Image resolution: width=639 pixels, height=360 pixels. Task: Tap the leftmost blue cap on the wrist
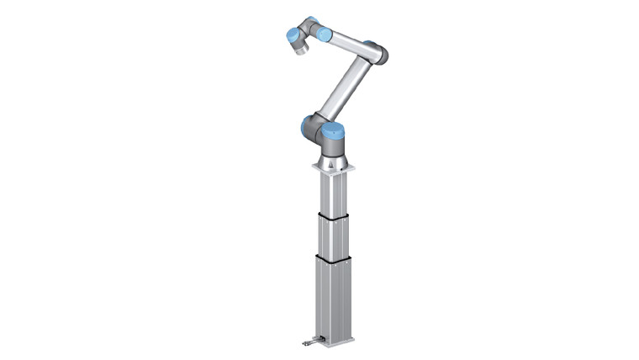coord(292,35)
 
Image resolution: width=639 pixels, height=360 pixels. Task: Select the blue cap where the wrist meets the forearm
coord(323,34)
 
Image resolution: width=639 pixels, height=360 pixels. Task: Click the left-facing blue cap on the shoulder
coord(305,129)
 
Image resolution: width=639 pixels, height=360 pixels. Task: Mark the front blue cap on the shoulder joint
coord(334,131)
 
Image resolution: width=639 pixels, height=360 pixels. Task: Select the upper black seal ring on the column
coord(333,217)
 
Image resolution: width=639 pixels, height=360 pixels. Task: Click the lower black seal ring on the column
coord(333,255)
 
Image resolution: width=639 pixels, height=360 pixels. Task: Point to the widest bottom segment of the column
coord(333,294)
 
